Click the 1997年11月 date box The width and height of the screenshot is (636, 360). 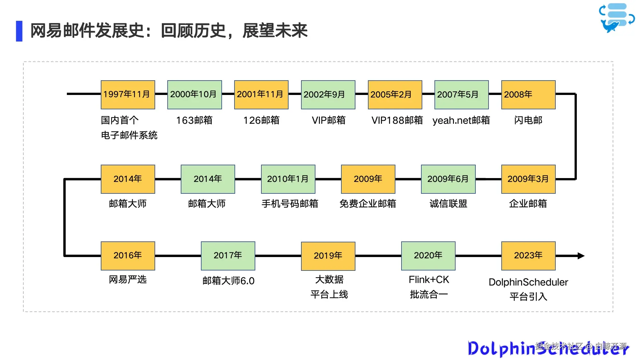click(128, 95)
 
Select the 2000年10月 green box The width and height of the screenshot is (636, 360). click(195, 95)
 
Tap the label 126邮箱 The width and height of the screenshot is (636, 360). click(261, 120)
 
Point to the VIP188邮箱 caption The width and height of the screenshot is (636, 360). click(397, 120)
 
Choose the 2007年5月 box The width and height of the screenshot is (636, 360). click(461, 95)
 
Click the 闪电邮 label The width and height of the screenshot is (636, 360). click(528, 120)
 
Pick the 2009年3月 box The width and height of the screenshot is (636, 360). click(528, 179)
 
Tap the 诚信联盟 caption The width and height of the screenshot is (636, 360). click(448, 204)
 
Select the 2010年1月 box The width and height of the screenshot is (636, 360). click(288, 179)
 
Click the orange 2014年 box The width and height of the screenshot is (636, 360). click(128, 179)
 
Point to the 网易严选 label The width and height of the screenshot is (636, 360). click(128, 279)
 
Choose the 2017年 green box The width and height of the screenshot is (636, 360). click(228, 256)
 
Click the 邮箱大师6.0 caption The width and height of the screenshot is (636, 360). click(228, 281)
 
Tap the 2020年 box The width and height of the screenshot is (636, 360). click(428, 256)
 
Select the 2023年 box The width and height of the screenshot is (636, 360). click(528, 256)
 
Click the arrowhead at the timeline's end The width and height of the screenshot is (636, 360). click(581, 256)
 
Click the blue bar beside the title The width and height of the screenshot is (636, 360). click(19, 31)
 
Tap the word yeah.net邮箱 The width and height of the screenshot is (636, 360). click(461, 120)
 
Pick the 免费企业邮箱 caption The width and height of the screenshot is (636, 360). click(368, 204)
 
